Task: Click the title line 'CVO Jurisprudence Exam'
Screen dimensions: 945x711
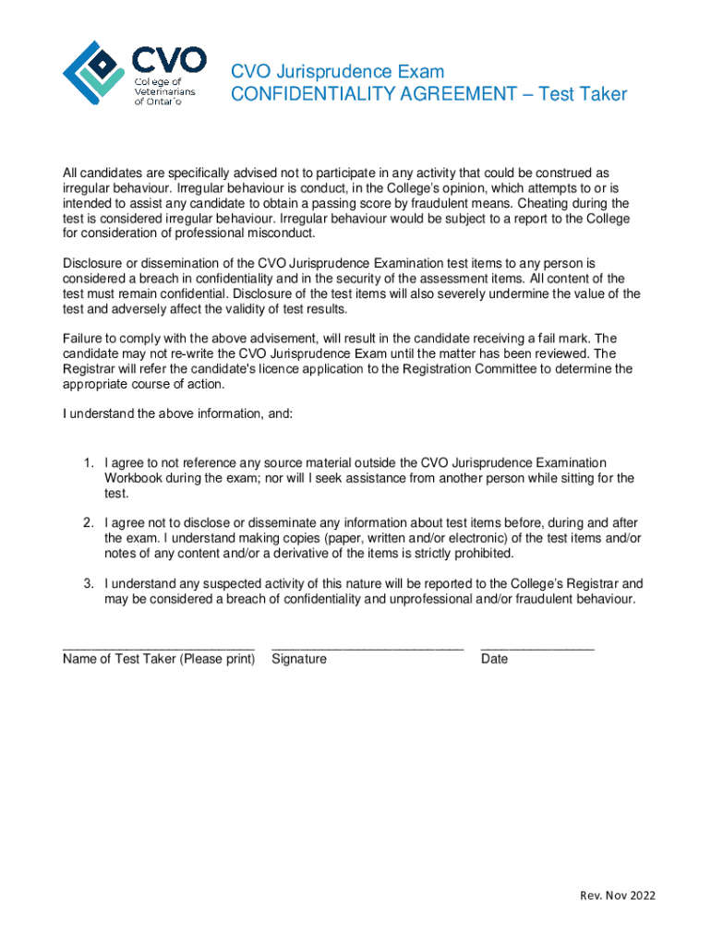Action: tap(337, 71)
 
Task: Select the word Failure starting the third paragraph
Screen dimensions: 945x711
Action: tap(84, 338)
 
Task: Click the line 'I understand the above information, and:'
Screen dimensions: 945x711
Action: tap(177, 413)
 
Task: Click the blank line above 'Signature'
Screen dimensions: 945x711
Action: tap(368, 649)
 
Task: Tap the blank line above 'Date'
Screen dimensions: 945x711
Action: tap(537, 649)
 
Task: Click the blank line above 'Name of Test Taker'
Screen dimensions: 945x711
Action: tap(158, 649)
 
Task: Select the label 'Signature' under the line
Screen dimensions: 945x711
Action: tap(299, 659)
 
